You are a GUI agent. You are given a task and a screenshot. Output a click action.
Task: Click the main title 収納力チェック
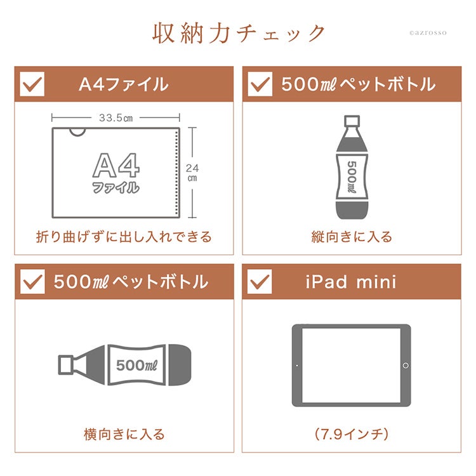(x=239, y=33)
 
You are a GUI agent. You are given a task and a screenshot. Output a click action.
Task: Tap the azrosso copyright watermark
(x=428, y=33)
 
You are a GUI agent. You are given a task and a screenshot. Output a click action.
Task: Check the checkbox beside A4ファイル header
(x=32, y=84)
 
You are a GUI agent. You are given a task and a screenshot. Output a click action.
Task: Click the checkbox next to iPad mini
(x=260, y=281)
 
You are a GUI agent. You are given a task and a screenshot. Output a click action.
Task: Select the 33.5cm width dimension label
(x=116, y=118)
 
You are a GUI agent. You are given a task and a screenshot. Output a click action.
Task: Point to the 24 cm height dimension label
(x=192, y=173)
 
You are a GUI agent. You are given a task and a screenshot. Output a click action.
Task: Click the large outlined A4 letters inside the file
(x=116, y=166)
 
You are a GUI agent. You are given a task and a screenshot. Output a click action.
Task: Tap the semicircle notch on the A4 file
(x=77, y=132)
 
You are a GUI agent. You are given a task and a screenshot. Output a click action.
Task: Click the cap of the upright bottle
(x=352, y=121)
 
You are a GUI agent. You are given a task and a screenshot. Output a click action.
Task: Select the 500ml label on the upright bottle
(x=352, y=176)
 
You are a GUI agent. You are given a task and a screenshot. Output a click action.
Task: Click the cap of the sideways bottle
(x=65, y=364)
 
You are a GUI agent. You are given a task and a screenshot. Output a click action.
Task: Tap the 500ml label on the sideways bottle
(x=137, y=365)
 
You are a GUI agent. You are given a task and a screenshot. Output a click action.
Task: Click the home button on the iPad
(x=406, y=366)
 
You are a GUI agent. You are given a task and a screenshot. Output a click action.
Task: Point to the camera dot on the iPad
(x=296, y=366)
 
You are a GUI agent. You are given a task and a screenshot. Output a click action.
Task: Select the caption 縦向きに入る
(x=352, y=237)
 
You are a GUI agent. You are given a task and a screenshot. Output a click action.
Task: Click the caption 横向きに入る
(x=124, y=434)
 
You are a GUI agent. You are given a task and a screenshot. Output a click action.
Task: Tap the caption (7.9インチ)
(x=352, y=434)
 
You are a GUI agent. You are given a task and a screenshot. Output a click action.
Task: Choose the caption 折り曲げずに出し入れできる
(x=124, y=237)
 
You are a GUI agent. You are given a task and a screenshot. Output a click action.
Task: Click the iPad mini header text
(x=351, y=282)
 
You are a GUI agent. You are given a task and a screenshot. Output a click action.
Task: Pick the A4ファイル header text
(x=124, y=84)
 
